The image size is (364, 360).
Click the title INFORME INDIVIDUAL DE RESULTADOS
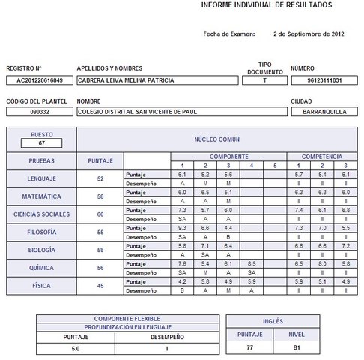[x=267, y=5]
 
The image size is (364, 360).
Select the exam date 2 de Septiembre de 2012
[x=309, y=34]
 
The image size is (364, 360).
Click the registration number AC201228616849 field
[x=40, y=80]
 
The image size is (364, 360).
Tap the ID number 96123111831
[x=325, y=80]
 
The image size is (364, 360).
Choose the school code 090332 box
[x=40, y=112]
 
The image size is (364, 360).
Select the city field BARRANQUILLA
[x=325, y=112]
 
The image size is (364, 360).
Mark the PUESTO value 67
[x=42, y=142]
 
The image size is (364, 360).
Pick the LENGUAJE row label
[x=42, y=179]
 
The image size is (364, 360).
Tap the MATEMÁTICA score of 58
[x=100, y=196]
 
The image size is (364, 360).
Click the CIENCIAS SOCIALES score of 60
[x=100, y=214]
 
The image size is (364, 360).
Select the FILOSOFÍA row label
[x=42, y=232]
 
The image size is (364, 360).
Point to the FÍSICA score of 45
[x=100, y=286]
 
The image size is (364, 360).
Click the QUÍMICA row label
[x=42, y=268]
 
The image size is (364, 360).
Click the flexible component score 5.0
[x=76, y=348]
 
